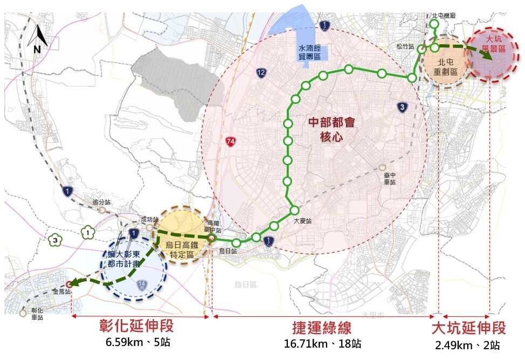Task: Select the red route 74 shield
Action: click(231, 142)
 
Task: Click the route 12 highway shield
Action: click(261, 72)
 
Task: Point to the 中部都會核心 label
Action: click(332, 129)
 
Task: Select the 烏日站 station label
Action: click(229, 251)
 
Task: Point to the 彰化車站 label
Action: click(37, 314)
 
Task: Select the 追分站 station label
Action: click(101, 202)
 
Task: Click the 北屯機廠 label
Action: click(444, 16)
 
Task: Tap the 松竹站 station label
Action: click(404, 47)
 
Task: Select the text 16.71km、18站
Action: click(322, 344)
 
